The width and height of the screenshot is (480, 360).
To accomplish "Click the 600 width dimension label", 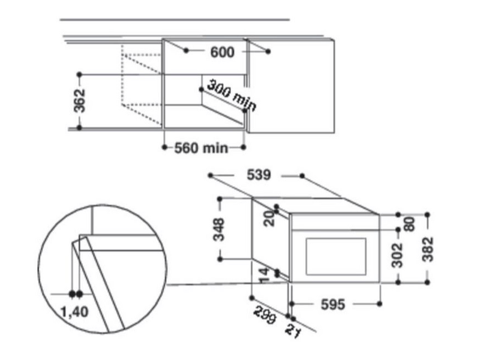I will pos(223,52).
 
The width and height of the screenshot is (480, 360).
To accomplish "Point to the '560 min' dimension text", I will pos(201,148).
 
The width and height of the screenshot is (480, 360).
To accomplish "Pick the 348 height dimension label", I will pos(219,230).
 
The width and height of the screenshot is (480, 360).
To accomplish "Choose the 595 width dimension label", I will pos(333,305).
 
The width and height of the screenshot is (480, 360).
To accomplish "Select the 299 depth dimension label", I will pos(264,314).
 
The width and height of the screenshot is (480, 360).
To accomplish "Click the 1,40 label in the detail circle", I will pos(76,311).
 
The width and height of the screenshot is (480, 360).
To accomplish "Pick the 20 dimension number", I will pos(269,220).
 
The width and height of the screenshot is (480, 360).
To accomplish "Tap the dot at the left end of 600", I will pos(186,52).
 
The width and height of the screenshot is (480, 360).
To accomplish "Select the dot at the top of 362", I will pos(79,74).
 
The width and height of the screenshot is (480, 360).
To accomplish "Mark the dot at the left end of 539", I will pos(211,175).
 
